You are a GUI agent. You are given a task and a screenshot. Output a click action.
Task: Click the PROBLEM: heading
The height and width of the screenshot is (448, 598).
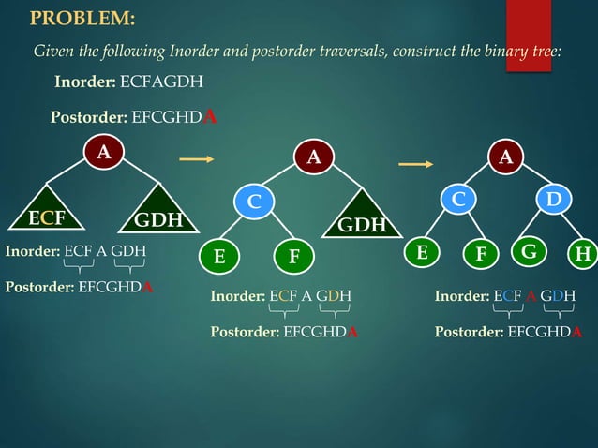(82, 19)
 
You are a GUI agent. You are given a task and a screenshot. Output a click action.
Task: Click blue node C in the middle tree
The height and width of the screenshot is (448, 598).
(254, 201)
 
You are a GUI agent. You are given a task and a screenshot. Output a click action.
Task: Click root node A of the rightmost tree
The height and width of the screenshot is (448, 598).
(506, 157)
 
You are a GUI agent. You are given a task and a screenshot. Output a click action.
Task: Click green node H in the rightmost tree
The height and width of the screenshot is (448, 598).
(584, 255)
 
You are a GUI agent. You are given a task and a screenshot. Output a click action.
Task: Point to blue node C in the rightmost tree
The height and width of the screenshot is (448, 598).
(458, 201)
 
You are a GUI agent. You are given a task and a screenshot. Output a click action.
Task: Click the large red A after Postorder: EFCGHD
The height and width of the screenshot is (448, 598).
(212, 117)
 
